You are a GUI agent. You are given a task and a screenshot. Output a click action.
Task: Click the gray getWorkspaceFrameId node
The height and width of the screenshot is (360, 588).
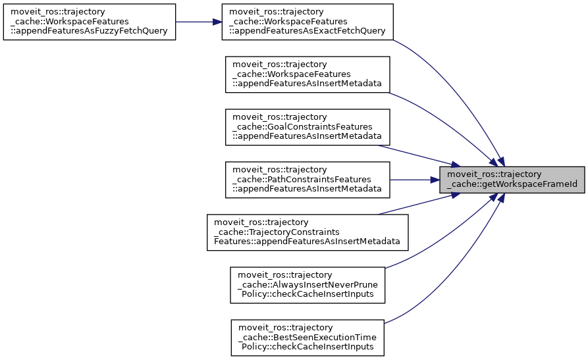(x=512, y=179)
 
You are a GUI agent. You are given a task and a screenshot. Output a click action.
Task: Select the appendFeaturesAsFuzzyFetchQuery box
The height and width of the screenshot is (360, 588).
(x=90, y=22)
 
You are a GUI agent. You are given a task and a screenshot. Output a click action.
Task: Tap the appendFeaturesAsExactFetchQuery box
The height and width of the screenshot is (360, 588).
(x=307, y=22)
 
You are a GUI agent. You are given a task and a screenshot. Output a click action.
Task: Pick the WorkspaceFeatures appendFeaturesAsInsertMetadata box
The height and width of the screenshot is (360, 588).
(x=307, y=74)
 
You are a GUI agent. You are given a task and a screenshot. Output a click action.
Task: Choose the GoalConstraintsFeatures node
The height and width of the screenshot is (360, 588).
(x=307, y=126)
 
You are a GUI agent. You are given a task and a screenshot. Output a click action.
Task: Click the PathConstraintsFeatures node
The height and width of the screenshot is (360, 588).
(x=307, y=179)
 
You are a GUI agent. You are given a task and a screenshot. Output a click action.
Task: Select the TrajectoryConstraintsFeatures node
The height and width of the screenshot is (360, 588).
(x=307, y=232)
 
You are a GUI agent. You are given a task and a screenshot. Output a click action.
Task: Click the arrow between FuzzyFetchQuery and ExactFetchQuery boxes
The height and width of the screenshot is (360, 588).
(x=198, y=22)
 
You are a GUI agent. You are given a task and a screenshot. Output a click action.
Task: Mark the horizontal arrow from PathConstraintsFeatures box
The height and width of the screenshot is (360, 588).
(x=415, y=179)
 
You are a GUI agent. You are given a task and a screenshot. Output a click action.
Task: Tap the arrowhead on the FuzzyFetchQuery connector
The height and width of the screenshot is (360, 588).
(x=217, y=22)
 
